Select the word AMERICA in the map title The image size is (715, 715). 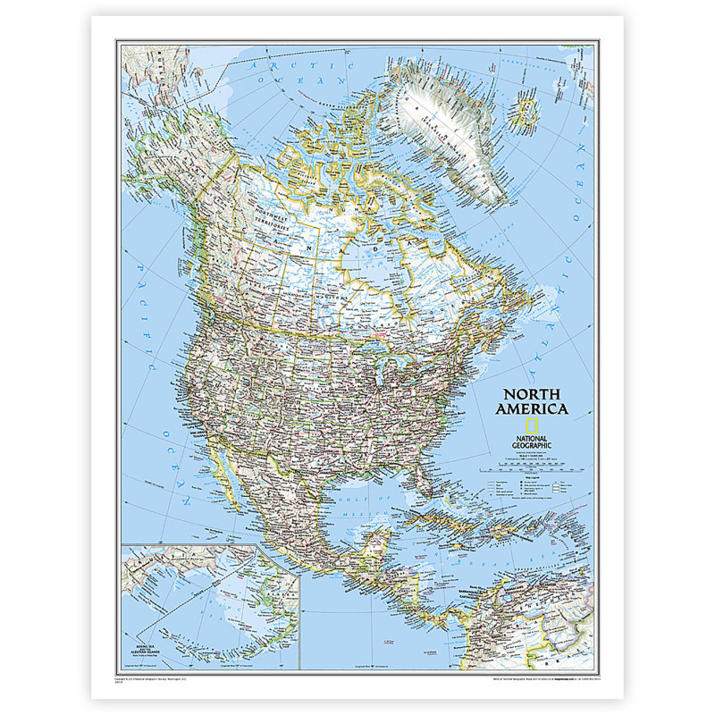pyautogui.click(x=536, y=409)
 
